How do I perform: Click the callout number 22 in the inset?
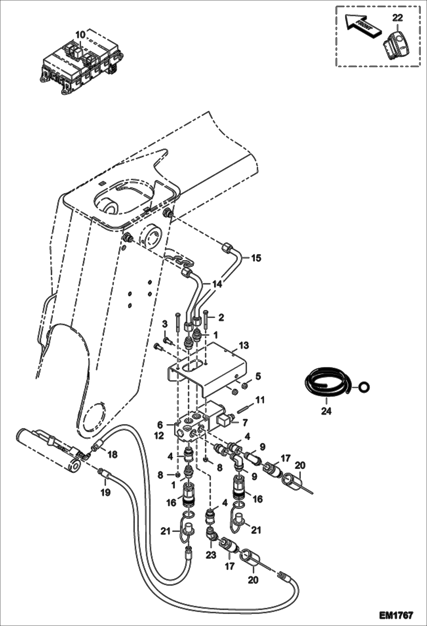[398, 18]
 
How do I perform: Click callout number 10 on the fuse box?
[80, 35]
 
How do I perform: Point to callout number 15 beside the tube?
[256, 258]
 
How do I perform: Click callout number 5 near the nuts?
[258, 376]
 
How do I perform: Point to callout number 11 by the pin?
[260, 400]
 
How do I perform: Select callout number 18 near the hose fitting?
[113, 454]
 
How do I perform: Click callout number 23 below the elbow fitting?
[211, 563]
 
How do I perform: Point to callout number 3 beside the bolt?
[164, 325]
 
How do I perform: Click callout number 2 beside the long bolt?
[221, 317]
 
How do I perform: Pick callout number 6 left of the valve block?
[160, 425]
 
